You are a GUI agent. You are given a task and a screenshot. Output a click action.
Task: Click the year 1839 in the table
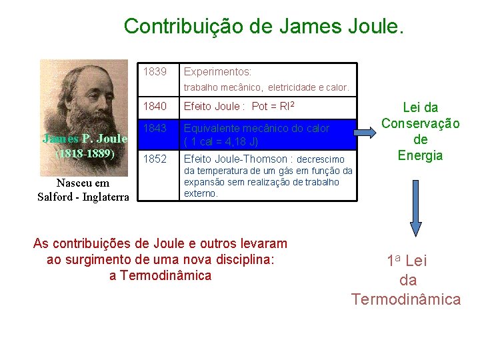coord(155,71)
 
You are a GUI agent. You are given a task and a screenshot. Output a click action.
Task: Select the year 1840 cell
coord(155,105)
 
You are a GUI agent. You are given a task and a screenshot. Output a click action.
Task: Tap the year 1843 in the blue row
coord(155,128)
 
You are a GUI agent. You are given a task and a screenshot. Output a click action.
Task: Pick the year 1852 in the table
coord(155,159)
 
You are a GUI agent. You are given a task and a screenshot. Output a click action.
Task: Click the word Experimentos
coord(217,71)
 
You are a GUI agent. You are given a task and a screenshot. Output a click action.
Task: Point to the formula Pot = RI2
coord(273,105)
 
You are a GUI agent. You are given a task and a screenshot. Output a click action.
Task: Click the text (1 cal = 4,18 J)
coord(221,141)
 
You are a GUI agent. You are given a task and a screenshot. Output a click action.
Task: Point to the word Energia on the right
coord(420,155)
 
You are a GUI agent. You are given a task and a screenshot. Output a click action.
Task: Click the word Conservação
coord(420,123)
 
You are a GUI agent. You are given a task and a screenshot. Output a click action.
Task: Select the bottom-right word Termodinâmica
coord(406,299)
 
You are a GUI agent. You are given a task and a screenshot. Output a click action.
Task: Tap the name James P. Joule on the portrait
coord(84,139)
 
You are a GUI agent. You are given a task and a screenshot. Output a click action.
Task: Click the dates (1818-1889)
coord(84,153)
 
